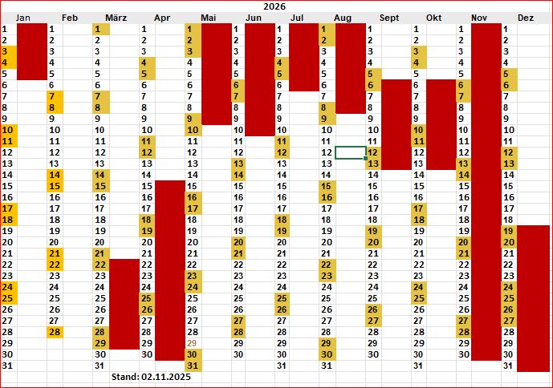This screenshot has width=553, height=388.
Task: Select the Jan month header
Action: pyautogui.click(x=23, y=18)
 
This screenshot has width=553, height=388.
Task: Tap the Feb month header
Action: pyautogui.click(x=70, y=18)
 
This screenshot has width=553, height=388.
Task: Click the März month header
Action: pyautogui.click(x=116, y=18)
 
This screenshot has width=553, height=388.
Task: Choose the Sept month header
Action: pyautogui.click(x=389, y=18)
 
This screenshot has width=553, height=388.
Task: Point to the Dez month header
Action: pyautogui.click(x=526, y=18)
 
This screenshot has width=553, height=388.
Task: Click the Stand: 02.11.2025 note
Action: pyautogui.click(x=150, y=376)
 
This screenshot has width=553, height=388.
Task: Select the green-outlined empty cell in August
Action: pyautogui.click(x=351, y=152)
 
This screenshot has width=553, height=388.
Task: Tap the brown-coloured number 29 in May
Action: pyautogui.click(x=192, y=343)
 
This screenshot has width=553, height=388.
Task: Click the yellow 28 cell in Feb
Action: pyautogui.click(x=55, y=332)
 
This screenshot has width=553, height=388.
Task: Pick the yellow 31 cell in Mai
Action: pyautogui.click(x=193, y=366)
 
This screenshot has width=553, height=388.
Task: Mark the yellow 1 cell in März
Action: pyautogui.click(x=101, y=29)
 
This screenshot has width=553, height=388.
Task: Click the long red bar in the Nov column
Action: pyautogui.click(x=486, y=192)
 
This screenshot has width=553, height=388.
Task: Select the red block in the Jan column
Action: pyautogui.click(x=32, y=51)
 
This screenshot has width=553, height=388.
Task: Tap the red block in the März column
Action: pyautogui.click(x=124, y=304)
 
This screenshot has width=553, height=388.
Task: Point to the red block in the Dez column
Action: pyautogui.click(x=535, y=298)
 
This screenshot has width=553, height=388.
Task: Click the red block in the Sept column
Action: pyautogui.click(x=396, y=124)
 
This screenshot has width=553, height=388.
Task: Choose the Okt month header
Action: pyautogui.click(x=434, y=18)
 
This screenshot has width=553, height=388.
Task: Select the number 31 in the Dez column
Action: pyautogui.click(x=508, y=366)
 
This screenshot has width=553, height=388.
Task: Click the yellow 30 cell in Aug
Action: pyautogui.click(x=327, y=354)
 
